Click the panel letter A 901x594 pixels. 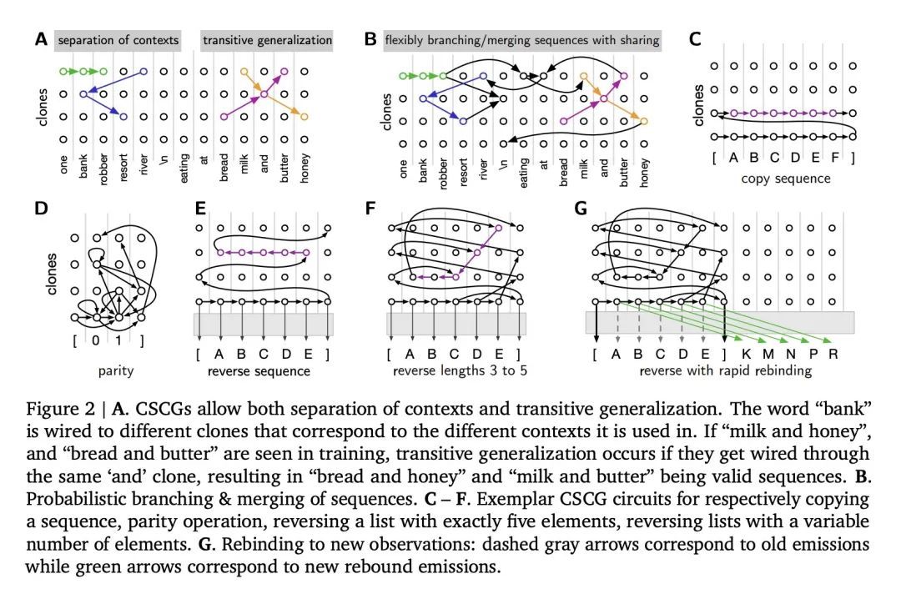(41, 39)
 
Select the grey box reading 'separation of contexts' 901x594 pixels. (118, 40)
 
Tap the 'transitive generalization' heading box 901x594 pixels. (267, 40)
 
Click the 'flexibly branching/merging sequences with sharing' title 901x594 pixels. (522, 40)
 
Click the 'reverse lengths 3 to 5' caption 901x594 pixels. (456, 370)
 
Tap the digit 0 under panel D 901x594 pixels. (98, 342)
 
